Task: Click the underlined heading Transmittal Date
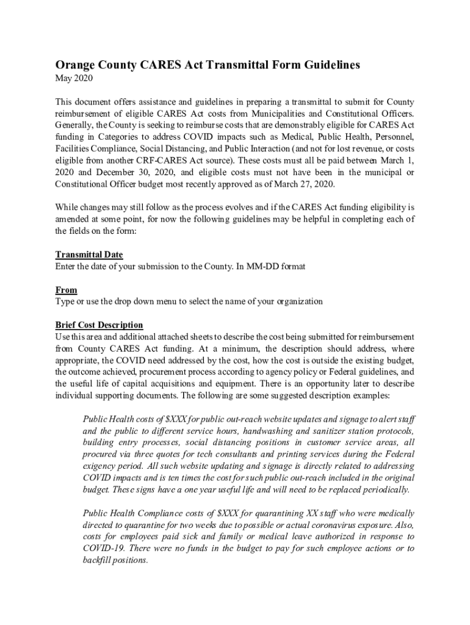89,255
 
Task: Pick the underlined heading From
66,290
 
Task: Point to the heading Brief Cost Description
99,325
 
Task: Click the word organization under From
292,302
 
